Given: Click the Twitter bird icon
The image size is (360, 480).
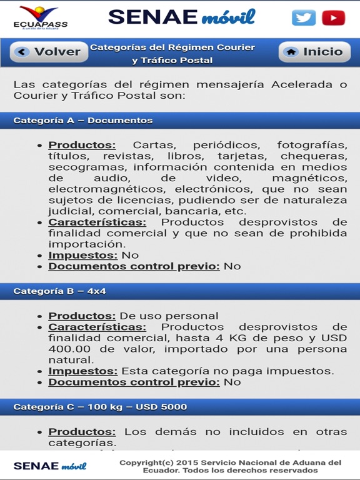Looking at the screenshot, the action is pos(304,17).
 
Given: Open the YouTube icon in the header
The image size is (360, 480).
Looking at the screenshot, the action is pos(334,17).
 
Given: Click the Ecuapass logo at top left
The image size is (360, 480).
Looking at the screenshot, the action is pos(40,17).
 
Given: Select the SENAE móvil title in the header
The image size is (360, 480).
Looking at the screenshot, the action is pos(181,17).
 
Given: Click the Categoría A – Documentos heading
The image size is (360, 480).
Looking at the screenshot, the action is pos(83,120).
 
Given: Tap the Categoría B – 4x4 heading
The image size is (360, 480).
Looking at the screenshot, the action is pos(60,291).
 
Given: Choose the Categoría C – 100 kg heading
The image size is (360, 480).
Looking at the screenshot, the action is pos(100,407).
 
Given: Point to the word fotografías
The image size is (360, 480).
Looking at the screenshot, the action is pos(312,145).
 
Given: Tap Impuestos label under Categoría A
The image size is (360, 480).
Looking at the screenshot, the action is pos(83,255).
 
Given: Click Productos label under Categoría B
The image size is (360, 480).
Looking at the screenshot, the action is pos(82,316).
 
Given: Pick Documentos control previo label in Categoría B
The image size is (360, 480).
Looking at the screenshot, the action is pos(134,382).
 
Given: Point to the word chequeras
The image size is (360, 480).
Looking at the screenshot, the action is pos(314,156).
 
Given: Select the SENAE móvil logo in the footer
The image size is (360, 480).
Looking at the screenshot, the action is pos(50,466).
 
